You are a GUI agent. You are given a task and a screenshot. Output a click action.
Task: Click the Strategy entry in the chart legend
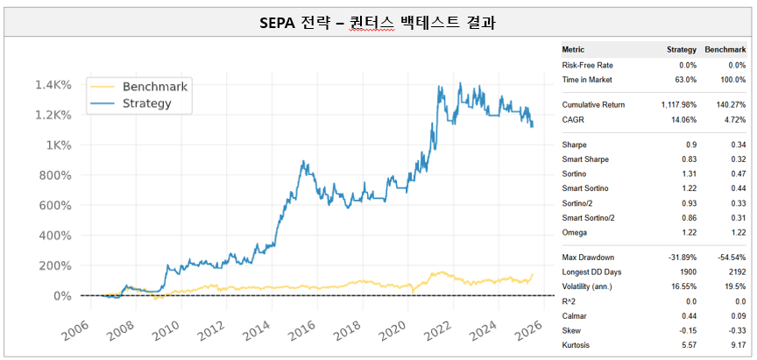(x=146, y=103)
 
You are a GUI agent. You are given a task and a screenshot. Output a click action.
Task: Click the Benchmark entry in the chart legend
(x=155, y=87)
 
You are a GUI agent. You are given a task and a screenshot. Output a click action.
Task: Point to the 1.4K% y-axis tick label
(x=53, y=85)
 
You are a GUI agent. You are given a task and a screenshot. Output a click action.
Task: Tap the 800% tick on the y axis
(x=55, y=175)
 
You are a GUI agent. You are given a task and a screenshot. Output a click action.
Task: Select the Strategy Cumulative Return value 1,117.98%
(x=674, y=105)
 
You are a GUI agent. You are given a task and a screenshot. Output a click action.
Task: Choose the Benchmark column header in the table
(x=725, y=50)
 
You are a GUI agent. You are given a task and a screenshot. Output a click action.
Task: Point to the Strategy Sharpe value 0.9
(x=690, y=145)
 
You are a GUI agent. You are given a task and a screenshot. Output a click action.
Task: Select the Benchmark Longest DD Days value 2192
(x=735, y=272)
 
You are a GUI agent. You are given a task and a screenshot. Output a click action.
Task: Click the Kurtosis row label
(x=577, y=345)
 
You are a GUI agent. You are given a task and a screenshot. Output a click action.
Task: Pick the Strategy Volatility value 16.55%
(x=682, y=286)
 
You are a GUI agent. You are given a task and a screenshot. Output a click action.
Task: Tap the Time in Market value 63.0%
(x=683, y=80)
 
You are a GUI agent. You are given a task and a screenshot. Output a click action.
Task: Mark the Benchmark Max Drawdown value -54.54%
(x=729, y=257)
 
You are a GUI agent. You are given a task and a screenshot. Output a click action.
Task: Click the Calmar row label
(x=575, y=315)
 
